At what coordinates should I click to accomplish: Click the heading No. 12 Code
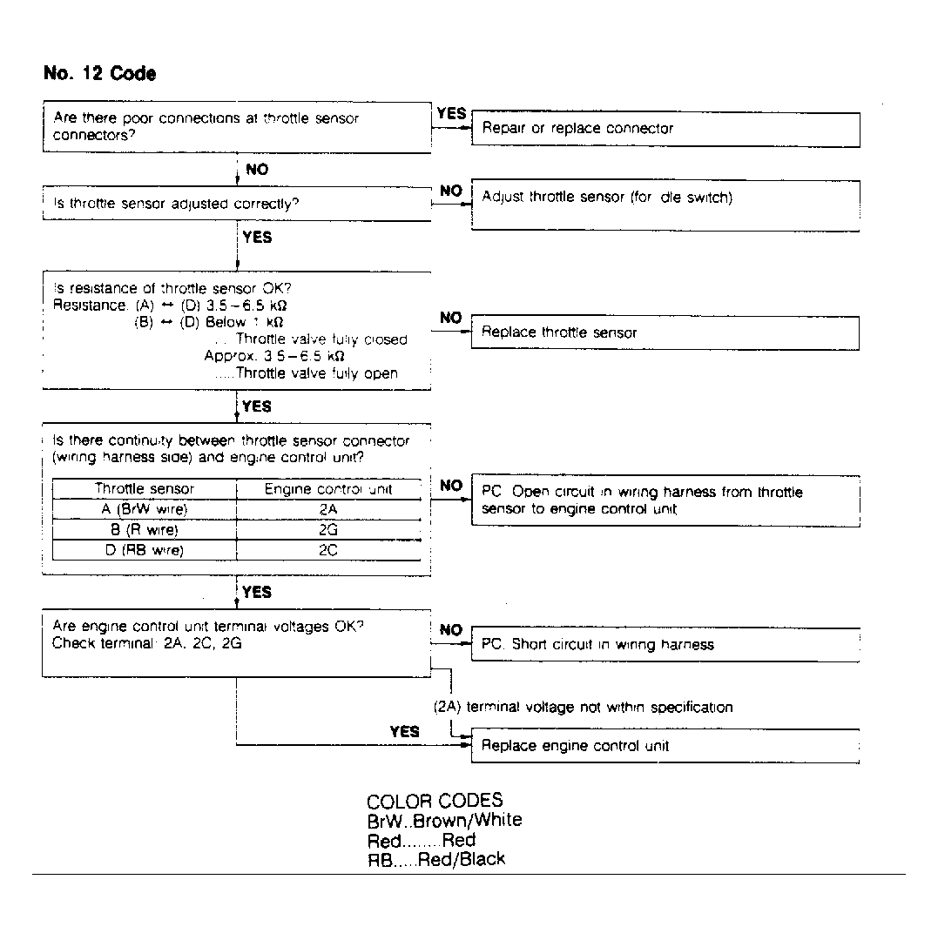(99, 74)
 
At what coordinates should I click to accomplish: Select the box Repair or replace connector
(665, 129)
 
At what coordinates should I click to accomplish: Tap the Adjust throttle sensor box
(665, 205)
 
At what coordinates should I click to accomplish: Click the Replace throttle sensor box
(665, 332)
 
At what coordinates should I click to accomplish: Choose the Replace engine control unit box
(665, 746)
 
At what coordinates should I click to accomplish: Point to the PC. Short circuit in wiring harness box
(665, 645)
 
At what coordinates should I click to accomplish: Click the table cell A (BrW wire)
(145, 509)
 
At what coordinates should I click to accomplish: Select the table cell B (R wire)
(145, 529)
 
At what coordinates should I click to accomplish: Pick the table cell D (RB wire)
(145, 550)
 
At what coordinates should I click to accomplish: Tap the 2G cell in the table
(328, 529)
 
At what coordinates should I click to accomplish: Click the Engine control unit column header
(328, 489)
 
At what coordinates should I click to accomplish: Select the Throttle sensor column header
(145, 489)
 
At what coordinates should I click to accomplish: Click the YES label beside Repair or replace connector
(451, 114)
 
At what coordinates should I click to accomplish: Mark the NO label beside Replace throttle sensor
(451, 319)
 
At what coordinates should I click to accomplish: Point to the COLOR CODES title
(435, 801)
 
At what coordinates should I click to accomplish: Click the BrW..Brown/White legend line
(444, 820)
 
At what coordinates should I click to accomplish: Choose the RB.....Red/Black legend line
(435, 860)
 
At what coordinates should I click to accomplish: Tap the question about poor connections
(206, 127)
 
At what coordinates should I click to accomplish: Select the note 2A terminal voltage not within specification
(583, 708)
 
